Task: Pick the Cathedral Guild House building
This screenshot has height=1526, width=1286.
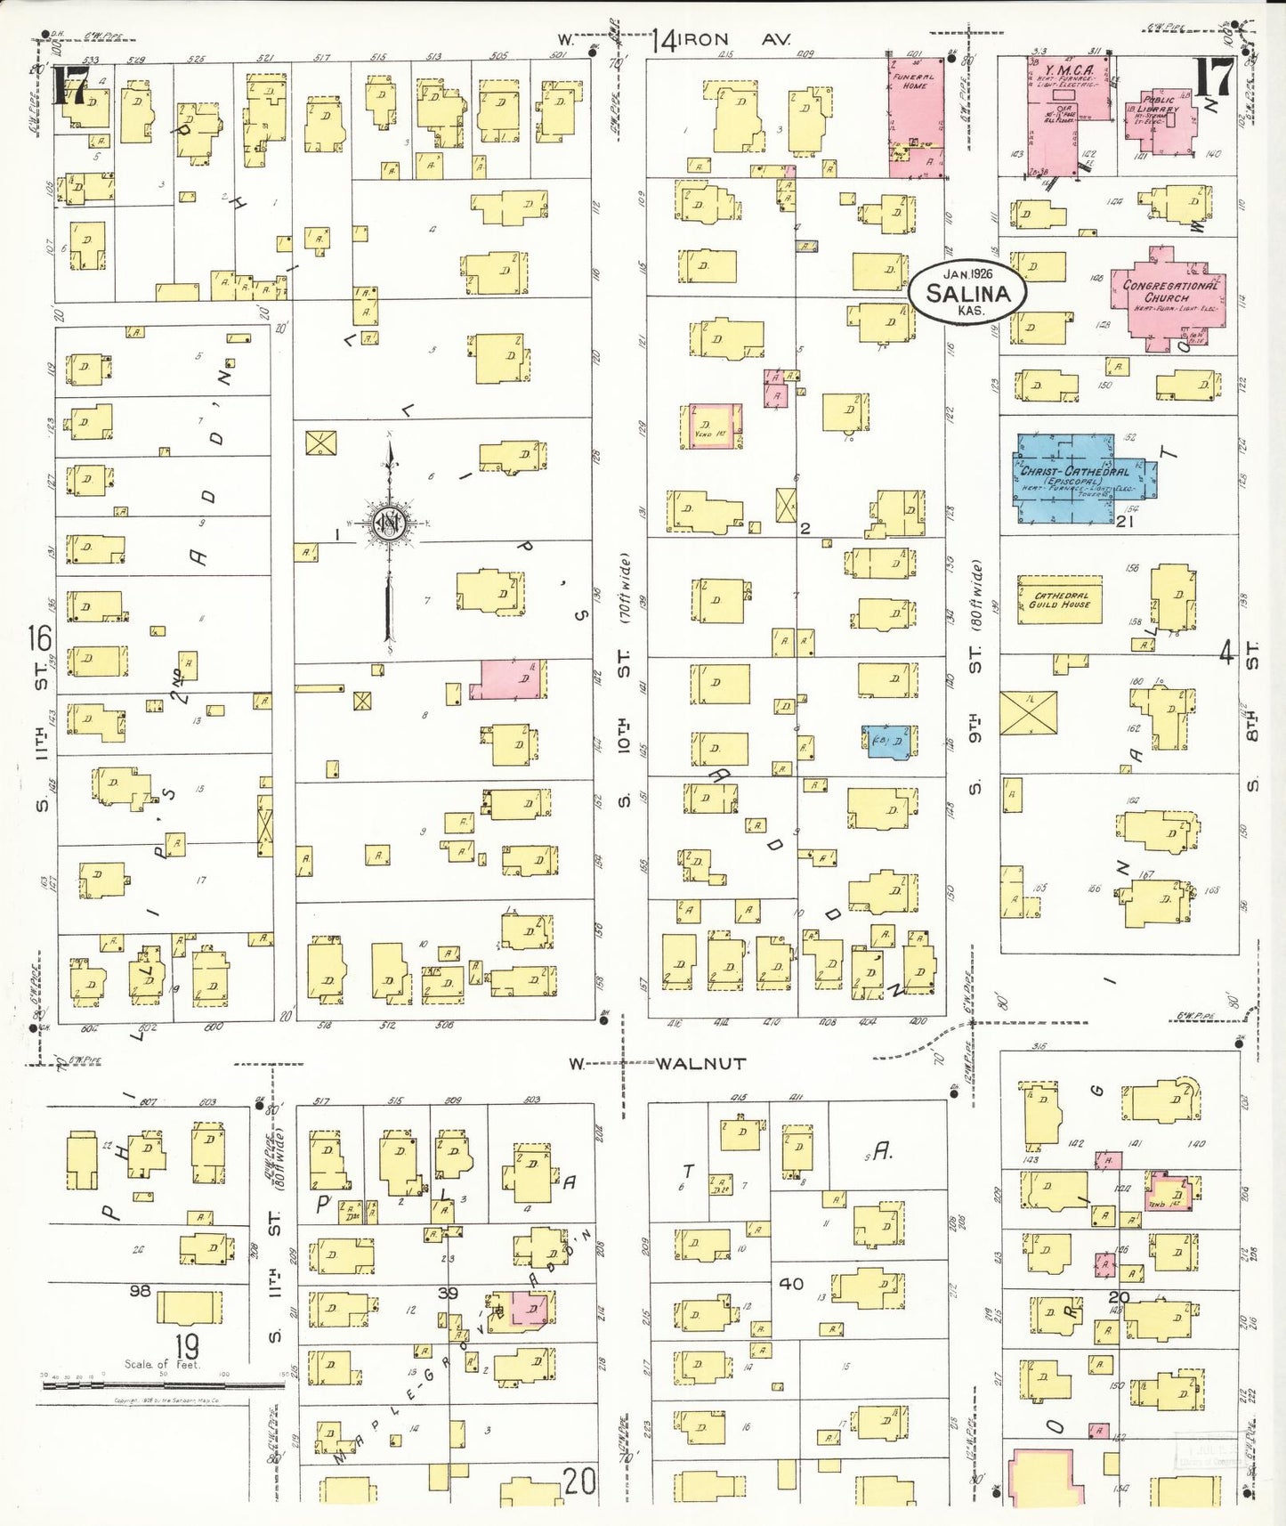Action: click(x=1059, y=599)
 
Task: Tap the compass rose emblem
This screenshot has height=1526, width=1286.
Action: click(x=389, y=524)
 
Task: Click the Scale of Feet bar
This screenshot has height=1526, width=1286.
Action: click(x=160, y=1385)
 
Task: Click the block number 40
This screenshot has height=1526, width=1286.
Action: click(x=790, y=1283)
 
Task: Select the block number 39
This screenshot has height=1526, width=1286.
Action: click(x=448, y=1292)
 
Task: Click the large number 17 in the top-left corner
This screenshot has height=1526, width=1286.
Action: click(x=69, y=85)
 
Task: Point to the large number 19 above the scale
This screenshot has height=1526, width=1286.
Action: click(x=186, y=1346)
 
